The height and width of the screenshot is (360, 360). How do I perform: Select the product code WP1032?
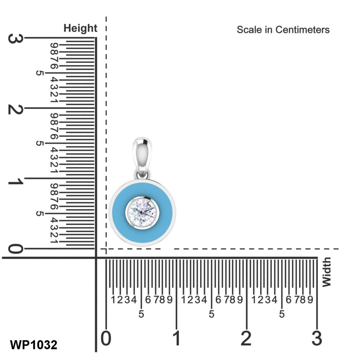click(x=33, y=345)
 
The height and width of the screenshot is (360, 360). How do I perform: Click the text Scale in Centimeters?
click(x=283, y=30)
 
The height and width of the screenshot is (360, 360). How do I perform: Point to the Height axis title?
click(x=80, y=28)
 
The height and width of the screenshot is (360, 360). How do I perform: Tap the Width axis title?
click(x=326, y=272)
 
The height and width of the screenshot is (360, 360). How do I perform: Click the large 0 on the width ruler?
click(x=106, y=338)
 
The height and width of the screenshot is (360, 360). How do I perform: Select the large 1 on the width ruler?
click(x=177, y=338)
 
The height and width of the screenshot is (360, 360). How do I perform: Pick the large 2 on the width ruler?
click(x=246, y=338)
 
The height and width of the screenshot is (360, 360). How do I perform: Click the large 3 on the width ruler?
click(x=317, y=338)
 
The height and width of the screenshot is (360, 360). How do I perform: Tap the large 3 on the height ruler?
click(x=15, y=39)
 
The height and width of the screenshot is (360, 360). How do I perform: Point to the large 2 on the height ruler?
click(x=15, y=109)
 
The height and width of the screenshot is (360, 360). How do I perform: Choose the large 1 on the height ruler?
click(x=15, y=180)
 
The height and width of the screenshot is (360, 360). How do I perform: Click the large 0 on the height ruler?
click(x=15, y=250)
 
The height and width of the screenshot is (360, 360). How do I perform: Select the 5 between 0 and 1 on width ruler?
click(x=141, y=314)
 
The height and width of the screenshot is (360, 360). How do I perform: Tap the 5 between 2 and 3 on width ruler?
click(x=282, y=314)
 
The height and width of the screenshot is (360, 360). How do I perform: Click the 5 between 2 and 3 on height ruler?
click(x=40, y=73)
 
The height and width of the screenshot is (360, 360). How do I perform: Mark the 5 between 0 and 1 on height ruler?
click(x=40, y=213)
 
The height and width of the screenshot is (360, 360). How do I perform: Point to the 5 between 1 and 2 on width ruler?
click(x=212, y=314)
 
